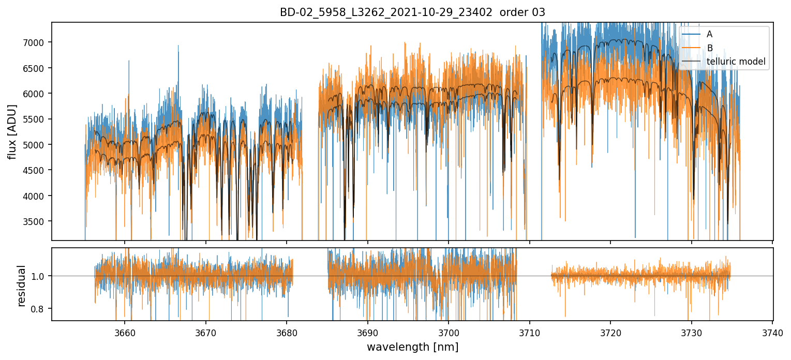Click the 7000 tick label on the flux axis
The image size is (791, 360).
coord(37,42)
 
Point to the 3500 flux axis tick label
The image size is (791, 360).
coord(37,221)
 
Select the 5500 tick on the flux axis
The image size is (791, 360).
coord(37,119)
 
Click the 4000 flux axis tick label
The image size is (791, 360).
coord(37,196)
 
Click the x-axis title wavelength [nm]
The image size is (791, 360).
coord(412,347)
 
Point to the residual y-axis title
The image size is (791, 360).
coord(22,286)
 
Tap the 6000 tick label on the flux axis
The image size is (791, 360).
coord(37,94)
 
